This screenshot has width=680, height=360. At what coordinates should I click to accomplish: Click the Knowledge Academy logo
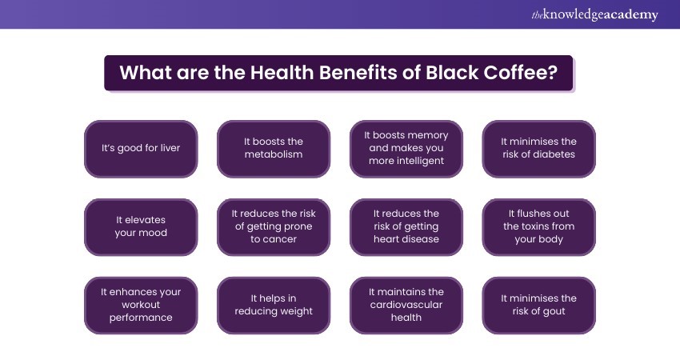(595, 14)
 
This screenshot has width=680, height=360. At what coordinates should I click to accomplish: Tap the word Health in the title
(282, 73)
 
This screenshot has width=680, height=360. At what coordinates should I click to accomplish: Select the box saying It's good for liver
(141, 149)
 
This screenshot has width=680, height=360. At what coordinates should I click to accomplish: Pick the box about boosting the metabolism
(274, 149)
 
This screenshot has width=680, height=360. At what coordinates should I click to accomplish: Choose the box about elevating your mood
(141, 227)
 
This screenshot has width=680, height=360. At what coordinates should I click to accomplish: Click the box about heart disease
(406, 227)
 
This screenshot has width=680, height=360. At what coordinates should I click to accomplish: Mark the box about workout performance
(141, 306)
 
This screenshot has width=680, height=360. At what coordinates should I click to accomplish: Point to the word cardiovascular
(406, 305)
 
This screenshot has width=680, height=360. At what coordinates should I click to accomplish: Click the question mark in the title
(553, 73)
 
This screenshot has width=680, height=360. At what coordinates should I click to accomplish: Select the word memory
(428, 136)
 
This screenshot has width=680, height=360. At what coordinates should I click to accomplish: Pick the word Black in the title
(452, 73)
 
